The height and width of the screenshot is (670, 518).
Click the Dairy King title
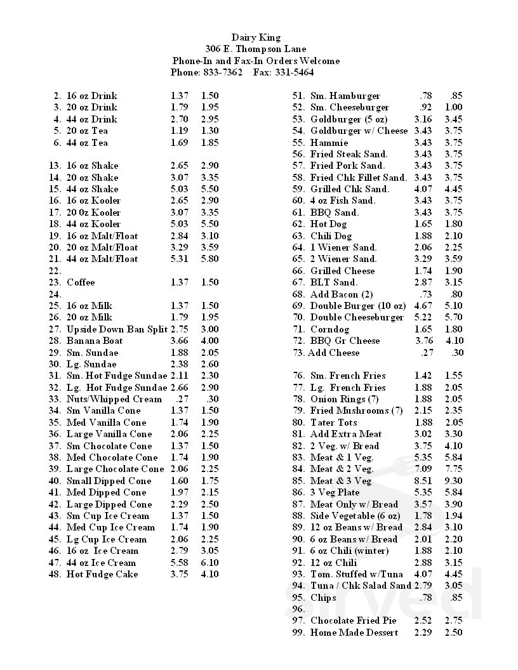tap(255, 38)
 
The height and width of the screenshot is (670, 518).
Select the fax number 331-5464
tap(294, 73)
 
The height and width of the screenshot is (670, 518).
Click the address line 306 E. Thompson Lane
tap(255, 49)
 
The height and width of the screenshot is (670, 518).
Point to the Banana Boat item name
tap(95, 341)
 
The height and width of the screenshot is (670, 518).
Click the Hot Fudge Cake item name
tap(102, 575)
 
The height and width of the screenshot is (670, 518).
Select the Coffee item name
tap(81, 282)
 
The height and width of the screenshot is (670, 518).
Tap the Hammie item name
tap(329, 143)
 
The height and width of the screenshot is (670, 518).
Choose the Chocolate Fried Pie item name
tap(354, 621)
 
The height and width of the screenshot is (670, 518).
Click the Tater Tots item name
tap(333, 423)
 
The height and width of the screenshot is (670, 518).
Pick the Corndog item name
tap(329, 329)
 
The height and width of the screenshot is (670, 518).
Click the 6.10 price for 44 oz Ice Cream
tap(209, 563)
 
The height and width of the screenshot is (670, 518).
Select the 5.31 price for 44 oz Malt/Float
tap(180, 259)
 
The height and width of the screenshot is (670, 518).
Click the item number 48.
tap(54, 575)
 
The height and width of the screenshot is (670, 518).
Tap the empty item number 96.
tap(298, 610)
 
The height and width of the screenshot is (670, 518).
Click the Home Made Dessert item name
tap(354, 633)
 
